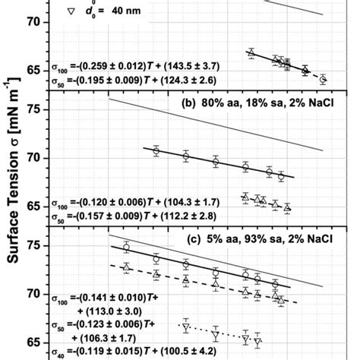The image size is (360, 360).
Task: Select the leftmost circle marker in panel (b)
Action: [x=156, y=151]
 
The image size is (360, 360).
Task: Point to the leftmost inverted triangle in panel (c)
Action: [x=185, y=327]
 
